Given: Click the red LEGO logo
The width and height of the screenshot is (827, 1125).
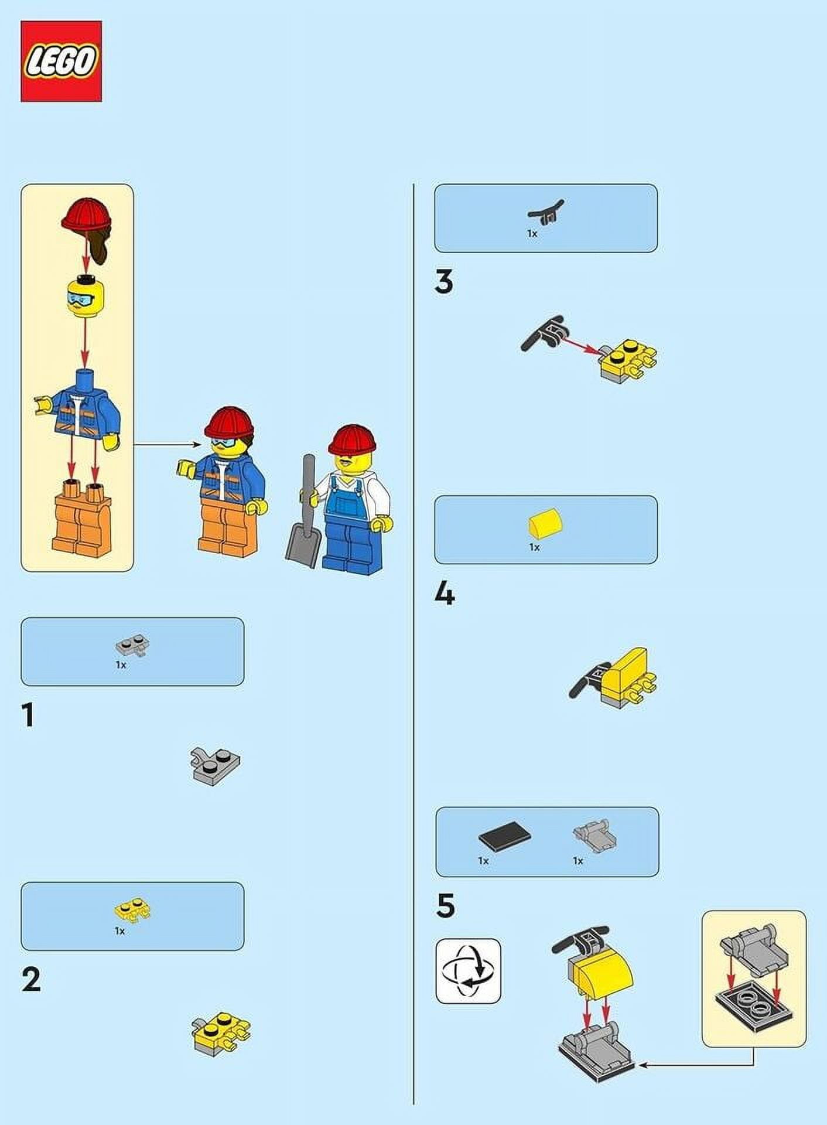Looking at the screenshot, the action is coord(61,62).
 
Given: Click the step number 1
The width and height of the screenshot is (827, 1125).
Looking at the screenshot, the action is coord(28,715).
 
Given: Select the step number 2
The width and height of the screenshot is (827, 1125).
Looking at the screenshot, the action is coord(31,980).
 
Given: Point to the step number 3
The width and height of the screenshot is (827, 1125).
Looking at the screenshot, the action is coord(444,282).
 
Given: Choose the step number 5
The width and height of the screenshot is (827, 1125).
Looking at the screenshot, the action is coord(445,906).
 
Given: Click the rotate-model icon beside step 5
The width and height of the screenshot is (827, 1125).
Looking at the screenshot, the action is coord(469,971).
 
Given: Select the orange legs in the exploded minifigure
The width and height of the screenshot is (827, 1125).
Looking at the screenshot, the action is coord(77,516).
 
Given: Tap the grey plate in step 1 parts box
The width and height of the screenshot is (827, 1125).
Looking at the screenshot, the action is coord(132,645).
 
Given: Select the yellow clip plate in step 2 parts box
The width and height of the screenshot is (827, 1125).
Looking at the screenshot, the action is coord(132,911).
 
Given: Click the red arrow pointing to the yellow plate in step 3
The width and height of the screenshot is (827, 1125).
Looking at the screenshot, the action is coord(583,343).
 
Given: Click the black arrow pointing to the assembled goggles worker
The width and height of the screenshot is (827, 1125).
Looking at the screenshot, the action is coord(167,445).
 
